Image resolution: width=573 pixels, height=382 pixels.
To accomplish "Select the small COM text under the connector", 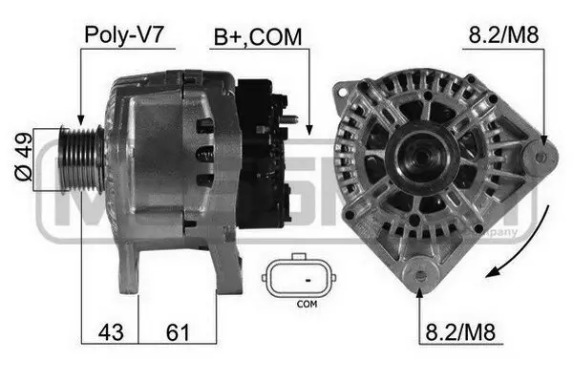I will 306,305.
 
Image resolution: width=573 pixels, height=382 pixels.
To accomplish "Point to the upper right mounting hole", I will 541,155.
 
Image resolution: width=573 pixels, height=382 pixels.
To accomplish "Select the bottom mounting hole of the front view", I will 420,278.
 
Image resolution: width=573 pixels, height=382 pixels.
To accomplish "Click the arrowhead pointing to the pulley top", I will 81,118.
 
